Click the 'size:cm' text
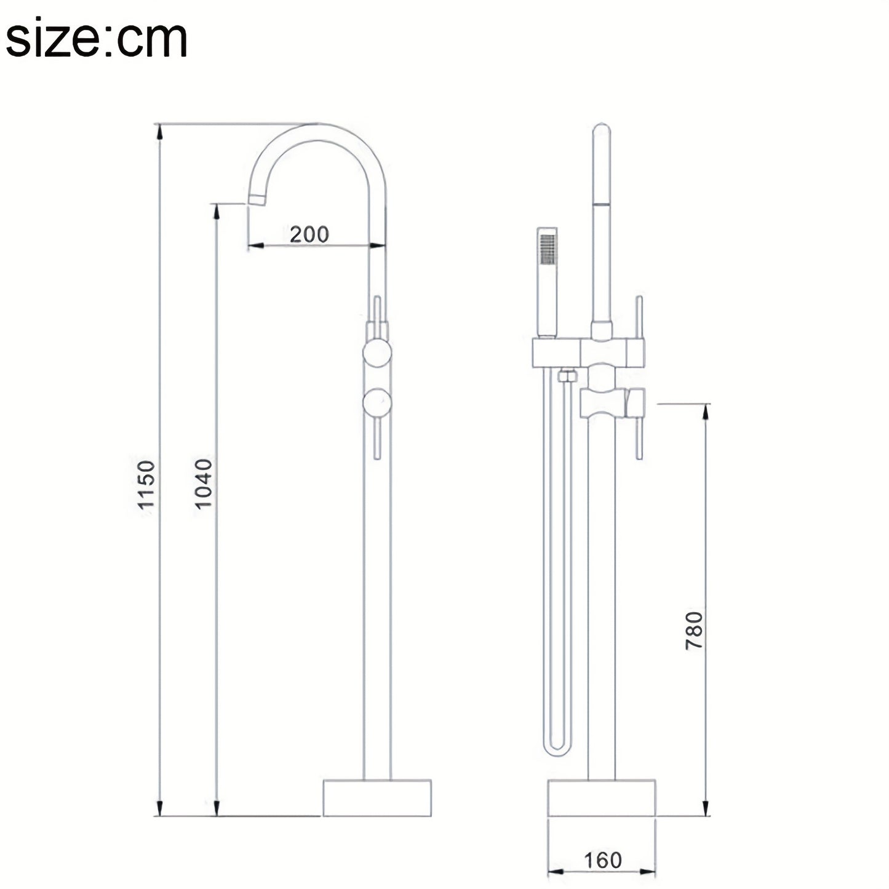tap(97, 38)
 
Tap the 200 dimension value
tap(309, 234)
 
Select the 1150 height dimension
tap(147, 484)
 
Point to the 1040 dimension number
tap(204, 484)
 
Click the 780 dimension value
tap(694, 631)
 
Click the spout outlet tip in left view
tap(257, 200)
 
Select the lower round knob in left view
tap(377, 403)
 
